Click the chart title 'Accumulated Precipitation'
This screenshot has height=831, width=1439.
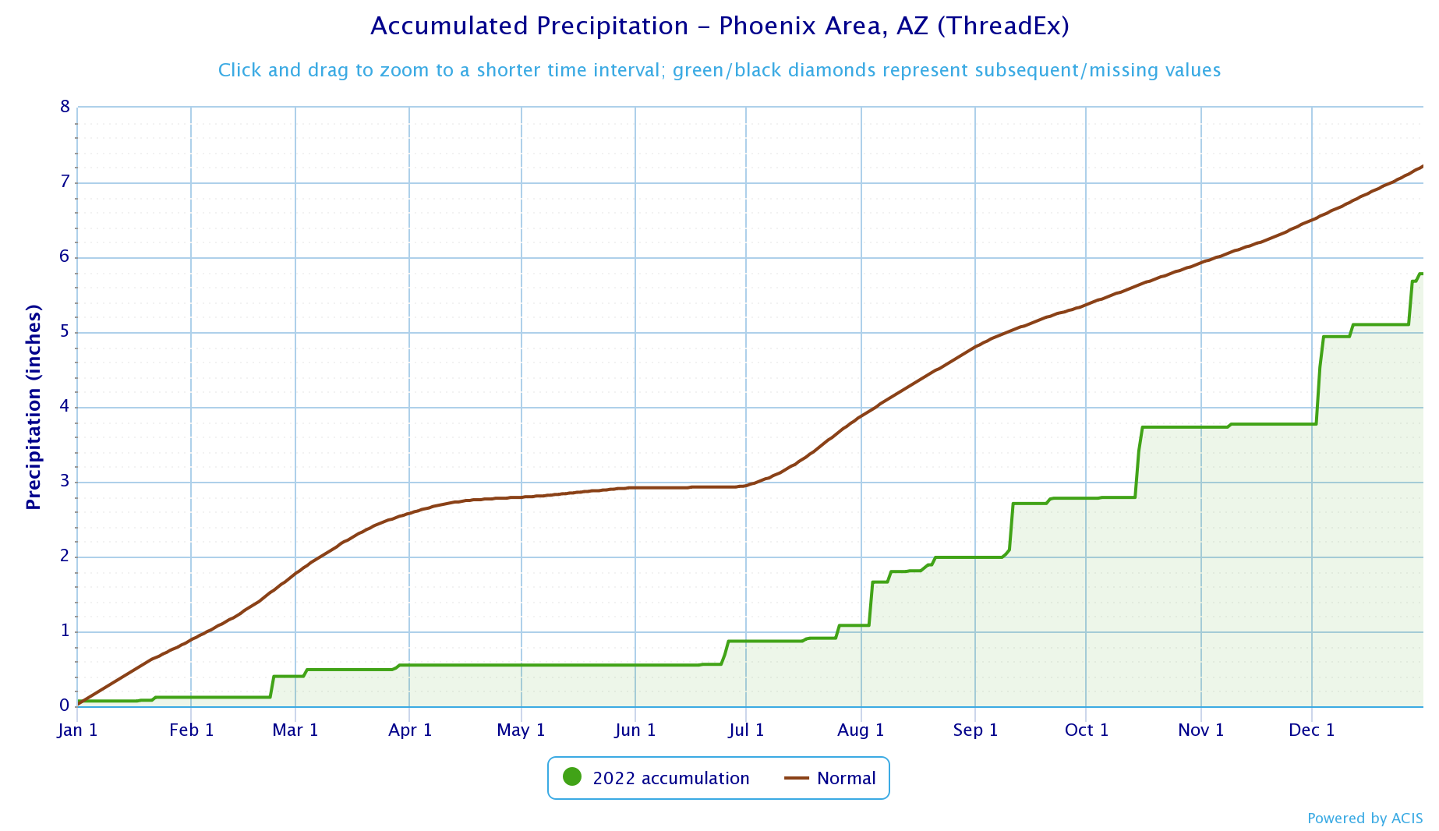529,27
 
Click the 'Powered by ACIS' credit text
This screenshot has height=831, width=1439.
1364,819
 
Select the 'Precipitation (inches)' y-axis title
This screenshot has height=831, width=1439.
34,407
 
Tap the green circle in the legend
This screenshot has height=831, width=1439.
572,777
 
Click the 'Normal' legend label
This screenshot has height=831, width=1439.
846,778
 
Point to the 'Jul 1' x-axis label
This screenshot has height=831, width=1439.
746,730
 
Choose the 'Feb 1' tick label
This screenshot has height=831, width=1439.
191,730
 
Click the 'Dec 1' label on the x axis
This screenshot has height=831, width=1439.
1311,730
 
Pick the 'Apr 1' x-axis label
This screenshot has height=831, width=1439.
410,730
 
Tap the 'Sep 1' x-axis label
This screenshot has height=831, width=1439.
975,730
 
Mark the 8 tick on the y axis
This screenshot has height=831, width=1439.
65,107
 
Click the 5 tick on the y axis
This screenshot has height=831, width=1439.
65,332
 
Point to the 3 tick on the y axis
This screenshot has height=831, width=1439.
65,482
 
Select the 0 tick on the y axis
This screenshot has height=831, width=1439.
65,705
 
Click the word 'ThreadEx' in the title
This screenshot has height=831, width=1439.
1002,27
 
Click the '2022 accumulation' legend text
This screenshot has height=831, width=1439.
670,778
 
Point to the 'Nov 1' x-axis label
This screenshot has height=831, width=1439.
1200,730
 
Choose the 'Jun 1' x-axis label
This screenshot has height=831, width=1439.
635,730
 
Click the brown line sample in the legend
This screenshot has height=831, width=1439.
796,778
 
